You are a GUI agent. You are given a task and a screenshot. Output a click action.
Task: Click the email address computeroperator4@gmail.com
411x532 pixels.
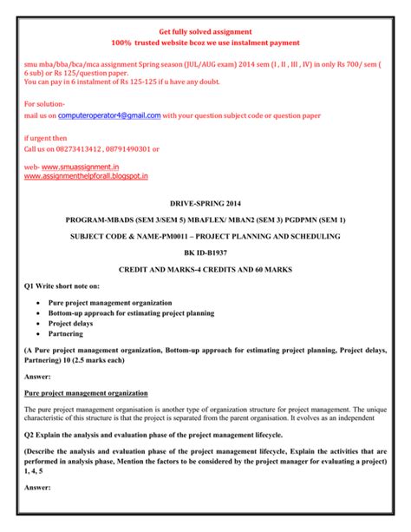(x=110, y=115)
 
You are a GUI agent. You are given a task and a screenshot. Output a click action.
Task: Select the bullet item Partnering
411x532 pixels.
(x=66, y=332)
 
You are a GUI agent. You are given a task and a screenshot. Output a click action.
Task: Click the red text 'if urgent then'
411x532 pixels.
(x=45, y=137)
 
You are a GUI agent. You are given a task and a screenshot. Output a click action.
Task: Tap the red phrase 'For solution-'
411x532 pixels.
(x=44, y=103)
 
